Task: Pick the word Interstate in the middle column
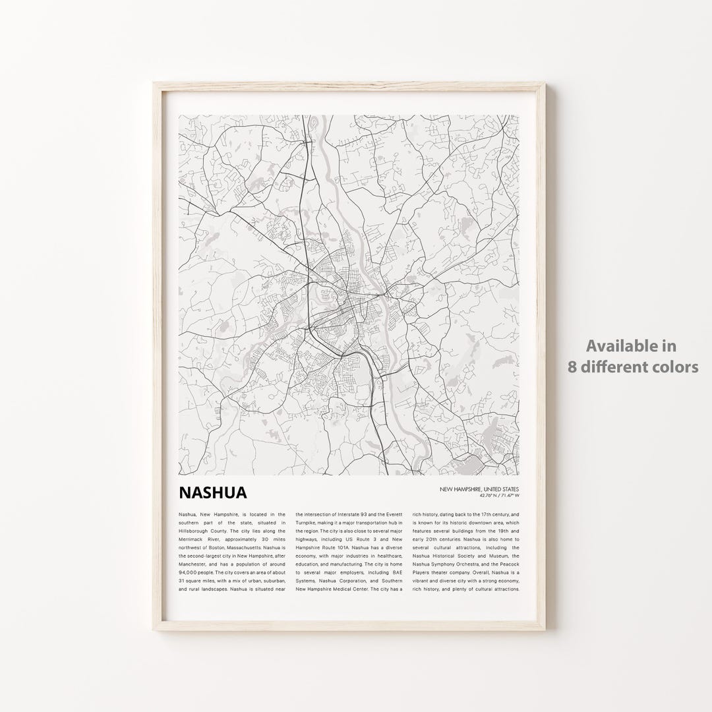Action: tap(347, 514)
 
